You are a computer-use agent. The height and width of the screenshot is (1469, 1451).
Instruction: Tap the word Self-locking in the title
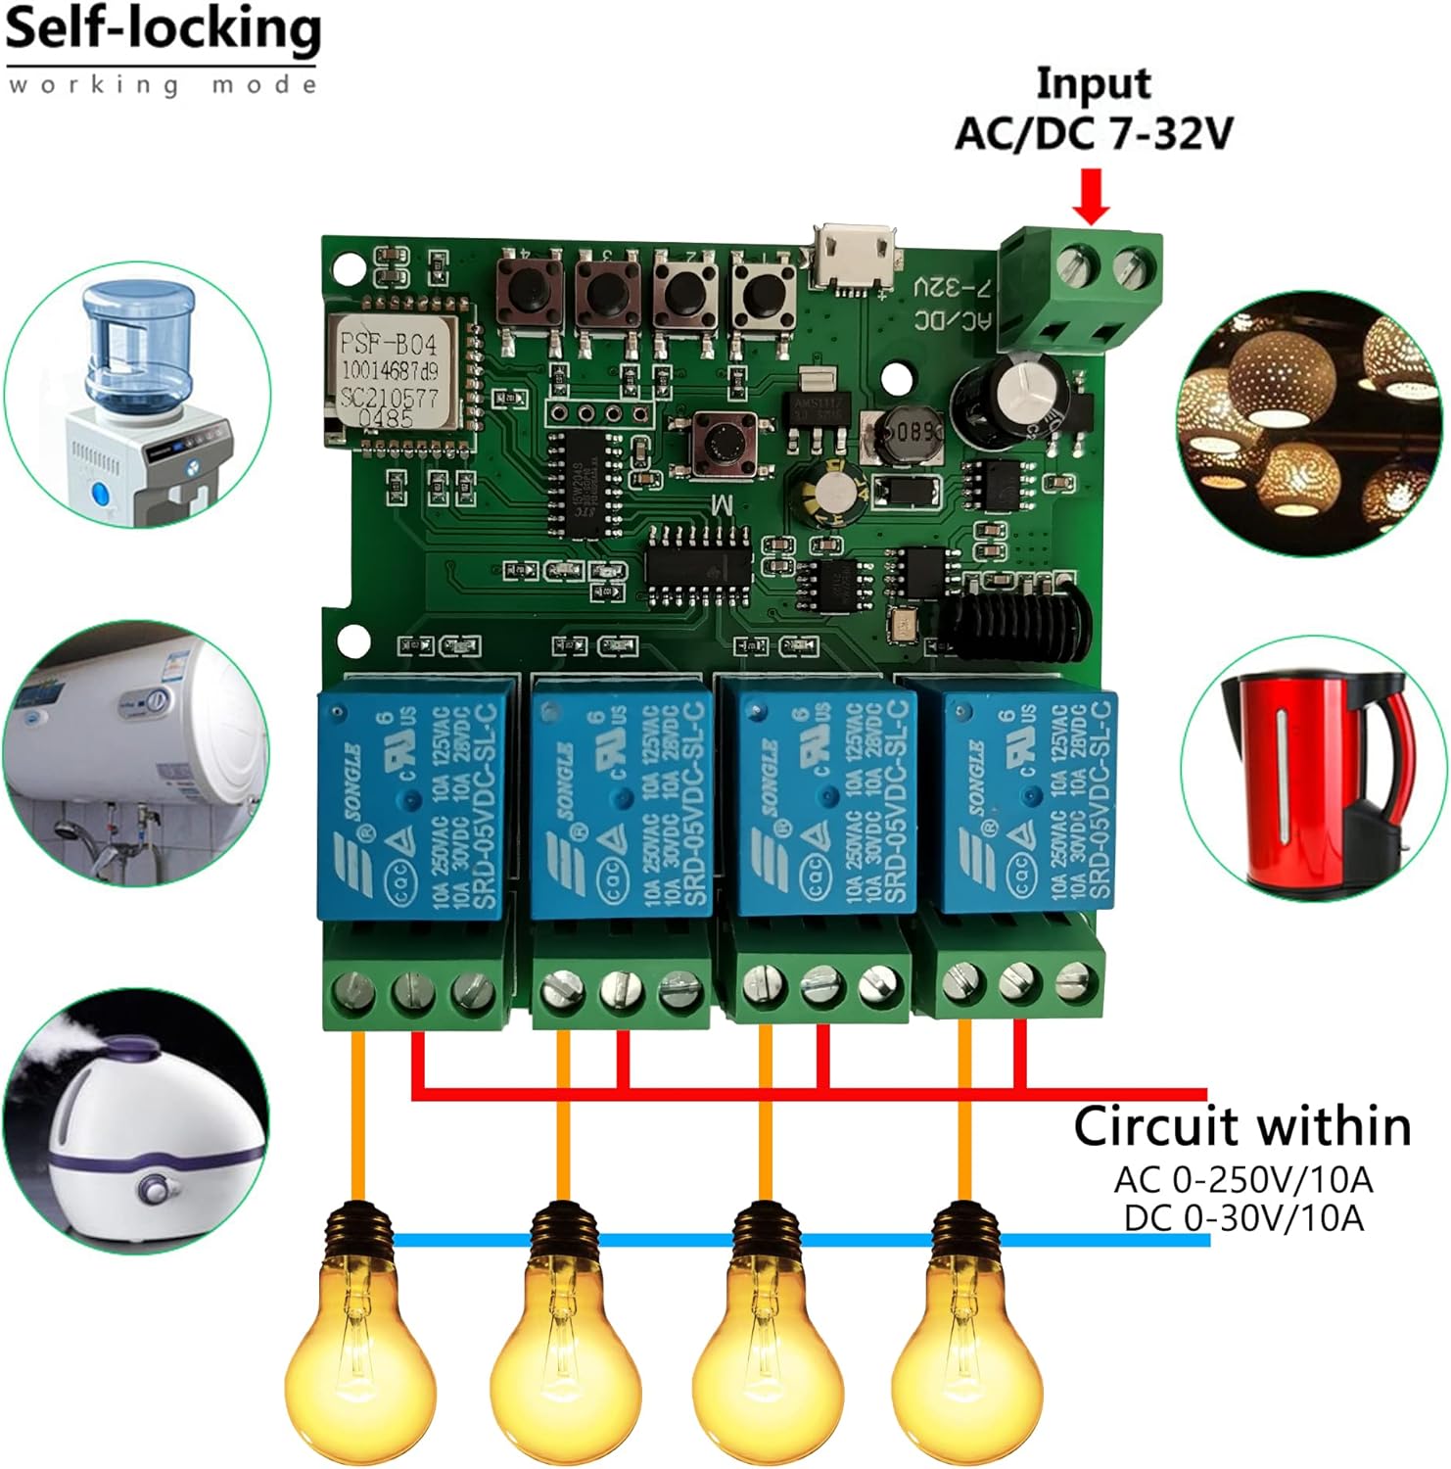[163, 29]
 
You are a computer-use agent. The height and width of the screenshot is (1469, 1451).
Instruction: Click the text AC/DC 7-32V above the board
[1094, 133]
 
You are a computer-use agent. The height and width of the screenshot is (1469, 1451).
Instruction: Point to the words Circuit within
[1241, 1126]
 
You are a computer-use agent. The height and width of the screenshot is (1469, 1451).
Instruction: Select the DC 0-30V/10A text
[1242, 1217]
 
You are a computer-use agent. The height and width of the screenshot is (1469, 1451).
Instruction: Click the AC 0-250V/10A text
[1242, 1179]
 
